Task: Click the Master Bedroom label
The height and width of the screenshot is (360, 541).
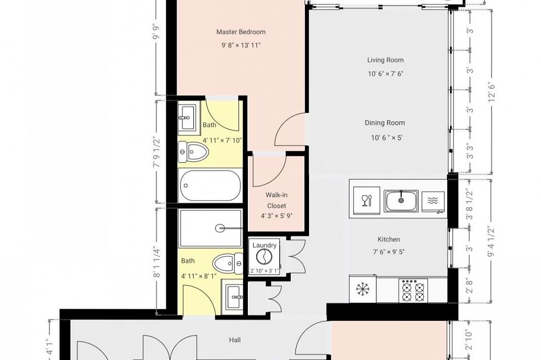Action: coord(241,32)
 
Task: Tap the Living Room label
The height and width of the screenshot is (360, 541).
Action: coord(385,60)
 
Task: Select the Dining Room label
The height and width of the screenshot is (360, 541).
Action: coord(385,123)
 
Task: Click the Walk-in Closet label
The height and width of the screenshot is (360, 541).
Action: coord(276,200)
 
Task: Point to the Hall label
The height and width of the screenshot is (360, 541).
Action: coord(235,340)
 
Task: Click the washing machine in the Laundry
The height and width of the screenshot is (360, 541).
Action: coord(263,257)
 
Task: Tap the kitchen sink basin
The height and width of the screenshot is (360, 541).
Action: coord(401,200)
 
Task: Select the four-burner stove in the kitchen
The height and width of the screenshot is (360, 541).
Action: coord(413,290)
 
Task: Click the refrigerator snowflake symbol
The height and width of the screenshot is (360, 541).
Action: coord(361,289)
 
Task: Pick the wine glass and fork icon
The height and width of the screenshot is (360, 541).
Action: coord(367,199)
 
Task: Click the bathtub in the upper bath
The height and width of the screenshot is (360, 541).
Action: coord(210,186)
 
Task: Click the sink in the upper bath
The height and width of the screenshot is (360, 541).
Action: coord(186,117)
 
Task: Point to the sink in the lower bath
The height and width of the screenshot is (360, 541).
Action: coord(234,295)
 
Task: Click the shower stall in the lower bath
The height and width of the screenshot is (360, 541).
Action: coord(210,227)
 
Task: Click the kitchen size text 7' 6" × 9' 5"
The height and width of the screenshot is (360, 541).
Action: coord(388,252)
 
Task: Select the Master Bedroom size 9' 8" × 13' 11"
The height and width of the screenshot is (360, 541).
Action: coord(241,45)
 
